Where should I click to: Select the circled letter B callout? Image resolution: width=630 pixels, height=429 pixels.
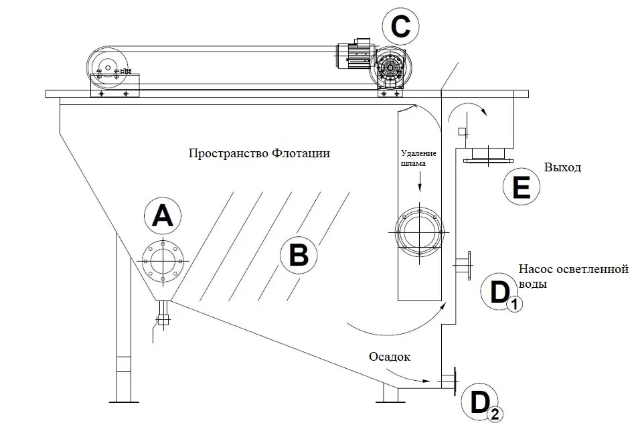[x=299, y=255]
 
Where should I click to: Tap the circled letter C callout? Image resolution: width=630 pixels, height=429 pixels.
[x=400, y=27]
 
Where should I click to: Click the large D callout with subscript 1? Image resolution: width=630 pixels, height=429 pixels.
[x=498, y=292]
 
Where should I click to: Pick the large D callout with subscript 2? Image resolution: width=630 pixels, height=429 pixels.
[x=480, y=403]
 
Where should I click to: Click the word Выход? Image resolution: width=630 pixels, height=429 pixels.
[x=562, y=167]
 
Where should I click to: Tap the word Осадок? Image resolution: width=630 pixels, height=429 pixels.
[x=388, y=356]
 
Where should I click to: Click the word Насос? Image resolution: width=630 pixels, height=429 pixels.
[x=537, y=270]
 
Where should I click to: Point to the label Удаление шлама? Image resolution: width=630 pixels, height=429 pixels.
[x=419, y=158]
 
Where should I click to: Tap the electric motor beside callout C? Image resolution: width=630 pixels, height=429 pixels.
[x=353, y=55]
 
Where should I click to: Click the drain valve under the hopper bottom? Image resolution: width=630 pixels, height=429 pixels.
[x=163, y=318]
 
